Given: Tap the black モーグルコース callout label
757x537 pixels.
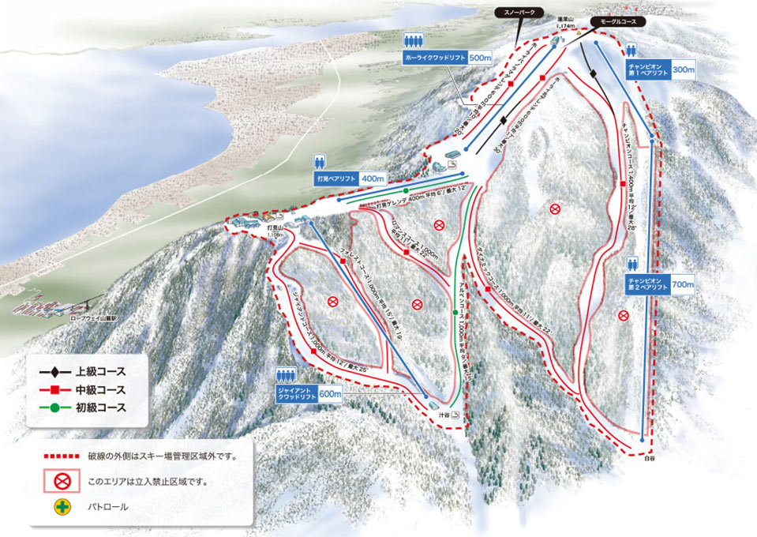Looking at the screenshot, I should pos(617,22).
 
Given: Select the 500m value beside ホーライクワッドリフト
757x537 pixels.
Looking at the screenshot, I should pos(480,58).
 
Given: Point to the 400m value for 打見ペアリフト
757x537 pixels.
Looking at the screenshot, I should pos(372,179).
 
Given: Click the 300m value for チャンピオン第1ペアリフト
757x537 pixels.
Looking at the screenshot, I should pos(683,70).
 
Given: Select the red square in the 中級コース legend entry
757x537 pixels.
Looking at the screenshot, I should pos(53,390).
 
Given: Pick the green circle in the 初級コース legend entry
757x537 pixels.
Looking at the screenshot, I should pos(53,408).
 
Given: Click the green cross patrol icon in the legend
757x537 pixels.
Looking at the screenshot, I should pos(58,506).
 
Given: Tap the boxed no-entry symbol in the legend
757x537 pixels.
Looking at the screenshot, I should pos(58,481).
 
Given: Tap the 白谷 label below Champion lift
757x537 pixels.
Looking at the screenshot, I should pos(649,456).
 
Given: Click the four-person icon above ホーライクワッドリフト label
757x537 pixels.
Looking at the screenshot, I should pos(414,40).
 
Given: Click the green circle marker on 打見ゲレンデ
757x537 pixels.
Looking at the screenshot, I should pos(405,191).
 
